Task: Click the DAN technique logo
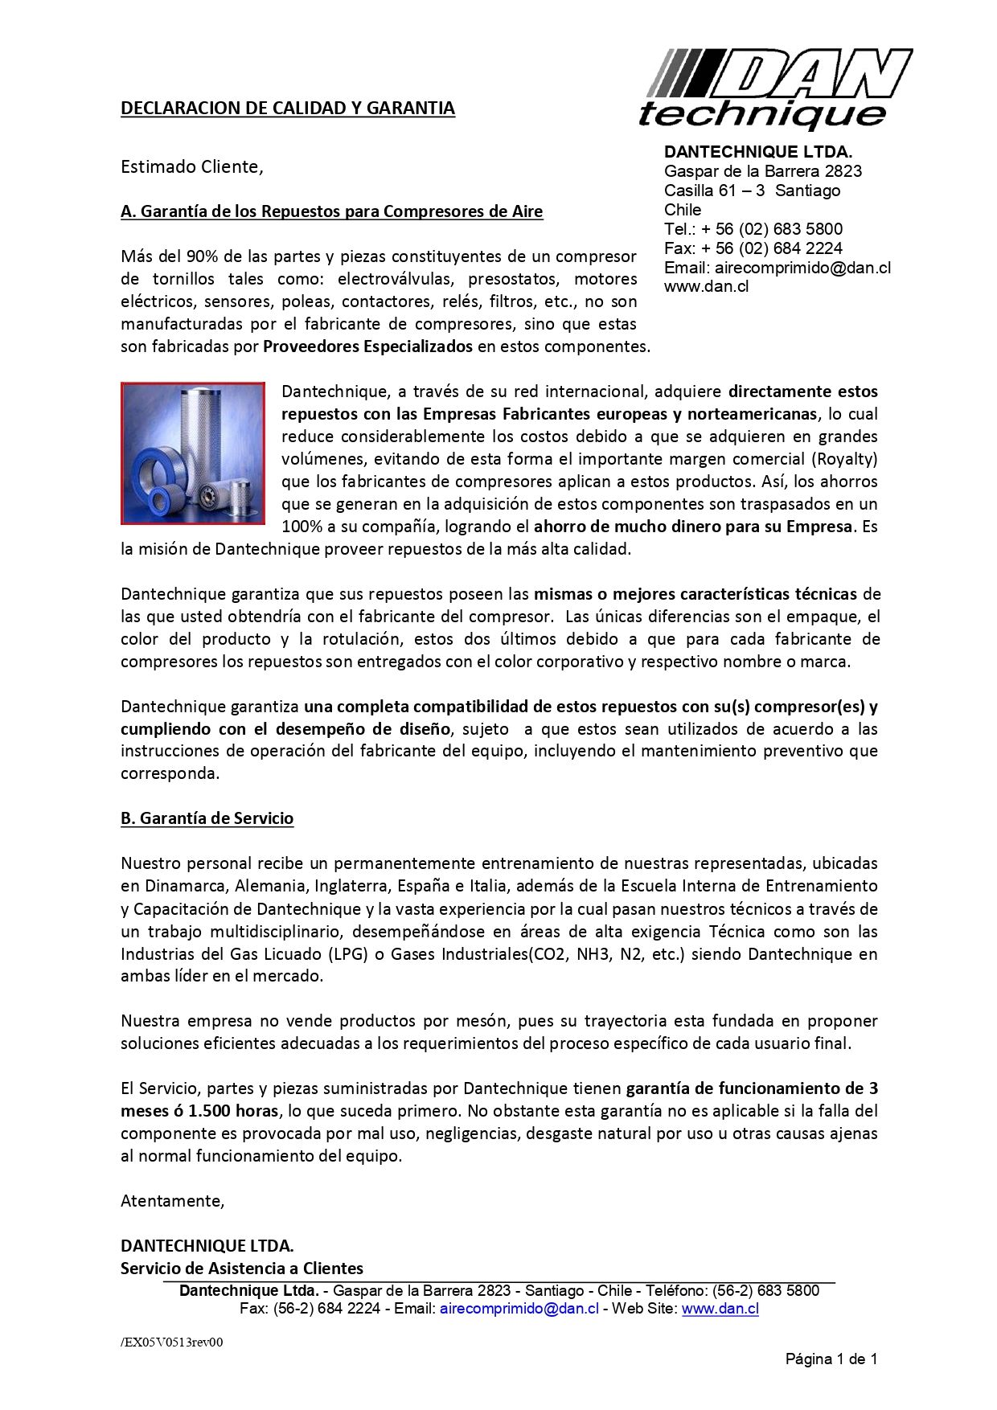774,88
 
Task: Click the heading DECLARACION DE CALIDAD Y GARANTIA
287,109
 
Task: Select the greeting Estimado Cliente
191,167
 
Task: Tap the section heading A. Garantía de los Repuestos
331,211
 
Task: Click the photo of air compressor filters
193,453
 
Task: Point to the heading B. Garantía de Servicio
207,818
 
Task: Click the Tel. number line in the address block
753,229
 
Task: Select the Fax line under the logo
753,248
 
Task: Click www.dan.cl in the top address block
706,286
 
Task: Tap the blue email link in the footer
519,1309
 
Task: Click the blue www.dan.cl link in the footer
720,1309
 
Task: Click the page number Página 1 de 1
831,1359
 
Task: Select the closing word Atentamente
172,1201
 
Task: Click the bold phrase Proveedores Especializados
367,347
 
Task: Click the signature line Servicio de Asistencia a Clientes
241,1269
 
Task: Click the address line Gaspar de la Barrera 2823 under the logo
762,171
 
